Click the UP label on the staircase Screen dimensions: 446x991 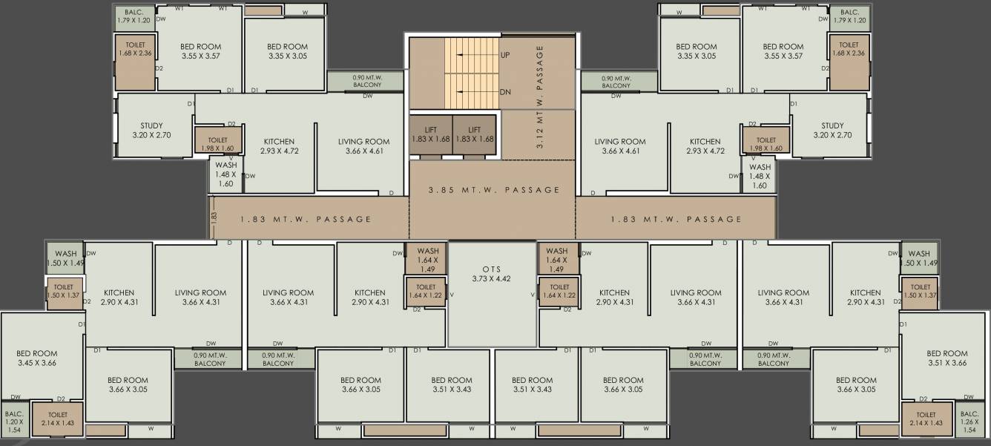pyautogui.click(x=505, y=55)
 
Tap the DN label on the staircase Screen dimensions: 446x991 pyautogui.click(x=505, y=92)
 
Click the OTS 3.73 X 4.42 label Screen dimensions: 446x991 pyautogui.click(x=492, y=274)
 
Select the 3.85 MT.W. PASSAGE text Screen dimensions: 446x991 pyautogui.click(x=494, y=190)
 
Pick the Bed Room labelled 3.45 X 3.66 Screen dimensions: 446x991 pyautogui.click(x=37, y=358)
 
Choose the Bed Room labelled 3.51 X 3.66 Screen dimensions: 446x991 pyautogui.click(x=946, y=358)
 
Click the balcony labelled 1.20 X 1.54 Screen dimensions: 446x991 pyautogui.click(x=14, y=421)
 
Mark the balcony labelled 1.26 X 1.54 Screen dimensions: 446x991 pyautogui.click(x=969, y=421)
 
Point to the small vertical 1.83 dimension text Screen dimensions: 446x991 pyautogui.click(x=214, y=219)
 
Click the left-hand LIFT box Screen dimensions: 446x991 pyautogui.click(x=431, y=135)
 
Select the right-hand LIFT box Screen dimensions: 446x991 pyautogui.click(x=475, y=135)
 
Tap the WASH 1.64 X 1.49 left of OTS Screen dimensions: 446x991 pyautogui.click(x=427, y=260)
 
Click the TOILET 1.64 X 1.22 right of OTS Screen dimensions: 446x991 pyautogui.click(x=559, y=291)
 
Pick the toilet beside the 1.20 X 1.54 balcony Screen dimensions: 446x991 pyautogui.click(x=58, y=419)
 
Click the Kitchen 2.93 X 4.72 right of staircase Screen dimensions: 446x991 pyautogui.click(x=705, y=146)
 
